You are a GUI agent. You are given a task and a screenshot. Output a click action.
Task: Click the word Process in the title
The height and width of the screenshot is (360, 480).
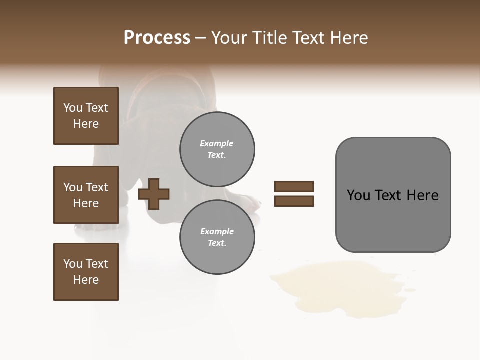click(157, 38)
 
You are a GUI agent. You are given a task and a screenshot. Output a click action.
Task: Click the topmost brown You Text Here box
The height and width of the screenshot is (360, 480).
click(86, 116)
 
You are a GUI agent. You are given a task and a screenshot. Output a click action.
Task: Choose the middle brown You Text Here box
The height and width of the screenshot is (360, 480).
click(86, 195)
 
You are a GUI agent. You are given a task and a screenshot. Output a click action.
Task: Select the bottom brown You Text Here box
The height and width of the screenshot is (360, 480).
click(86, 272)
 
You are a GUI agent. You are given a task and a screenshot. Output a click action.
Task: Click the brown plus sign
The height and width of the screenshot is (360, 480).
click(154, 193)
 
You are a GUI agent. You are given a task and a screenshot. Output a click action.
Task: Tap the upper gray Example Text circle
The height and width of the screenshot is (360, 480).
click(217, 149)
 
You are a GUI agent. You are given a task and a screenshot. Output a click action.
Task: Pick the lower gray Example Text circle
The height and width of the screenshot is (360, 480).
click(217, 237)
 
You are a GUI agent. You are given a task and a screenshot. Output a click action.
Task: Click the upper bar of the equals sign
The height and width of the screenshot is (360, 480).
click(294, 186)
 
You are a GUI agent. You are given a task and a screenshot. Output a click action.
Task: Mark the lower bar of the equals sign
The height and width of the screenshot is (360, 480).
click(294, 201)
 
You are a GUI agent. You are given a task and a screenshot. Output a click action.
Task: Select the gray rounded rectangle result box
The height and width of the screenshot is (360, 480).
click(393, 194)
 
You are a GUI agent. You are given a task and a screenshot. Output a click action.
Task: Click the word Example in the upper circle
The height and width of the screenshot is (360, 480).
click(217, 143)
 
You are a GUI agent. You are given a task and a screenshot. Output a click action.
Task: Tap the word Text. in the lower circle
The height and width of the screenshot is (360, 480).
click(217, 243)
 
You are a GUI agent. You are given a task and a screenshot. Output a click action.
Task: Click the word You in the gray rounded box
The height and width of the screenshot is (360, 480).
click(358, 195)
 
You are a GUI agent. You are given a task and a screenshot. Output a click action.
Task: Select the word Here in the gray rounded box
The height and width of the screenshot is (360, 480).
click(422, 195)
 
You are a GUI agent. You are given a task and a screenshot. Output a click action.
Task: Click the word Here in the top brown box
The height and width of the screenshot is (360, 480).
click(86, 124)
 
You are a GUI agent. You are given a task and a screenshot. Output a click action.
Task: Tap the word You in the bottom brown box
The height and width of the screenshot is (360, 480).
click(73, 264)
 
